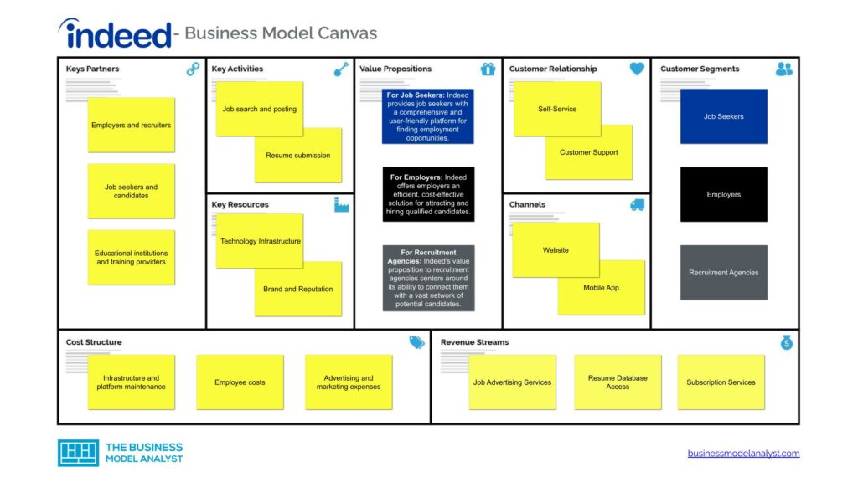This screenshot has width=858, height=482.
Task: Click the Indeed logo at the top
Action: (115, 33)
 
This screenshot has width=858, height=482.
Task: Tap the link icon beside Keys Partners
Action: (193, 69)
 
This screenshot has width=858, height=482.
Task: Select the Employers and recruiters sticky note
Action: (132, 126)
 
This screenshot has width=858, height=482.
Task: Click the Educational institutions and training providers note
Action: (132, 258)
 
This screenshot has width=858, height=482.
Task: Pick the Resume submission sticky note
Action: (298, 156)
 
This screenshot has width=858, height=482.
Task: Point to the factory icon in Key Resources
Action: (341, 205)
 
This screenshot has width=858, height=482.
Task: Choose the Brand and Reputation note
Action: (298, 290)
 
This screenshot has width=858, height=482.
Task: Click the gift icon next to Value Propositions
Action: (488, 69)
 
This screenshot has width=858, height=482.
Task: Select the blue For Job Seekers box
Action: (428, 116)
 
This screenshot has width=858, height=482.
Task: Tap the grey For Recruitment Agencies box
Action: (428, 278)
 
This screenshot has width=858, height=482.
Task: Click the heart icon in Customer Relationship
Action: (637, 69)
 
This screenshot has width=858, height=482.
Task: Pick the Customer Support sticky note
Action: (589, 153)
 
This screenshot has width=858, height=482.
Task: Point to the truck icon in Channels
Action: (637, 205)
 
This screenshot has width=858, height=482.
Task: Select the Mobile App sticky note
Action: (602, 288)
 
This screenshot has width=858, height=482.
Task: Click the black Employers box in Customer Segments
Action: (723, 195)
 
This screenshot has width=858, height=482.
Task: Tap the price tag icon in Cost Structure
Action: (416, 342)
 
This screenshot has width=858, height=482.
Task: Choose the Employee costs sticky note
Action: (240, 382)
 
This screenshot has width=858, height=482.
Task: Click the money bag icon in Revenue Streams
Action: (786, 342)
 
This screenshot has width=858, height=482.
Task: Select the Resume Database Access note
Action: (618, 382)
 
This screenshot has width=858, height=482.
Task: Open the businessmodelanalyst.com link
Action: (743, 454)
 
